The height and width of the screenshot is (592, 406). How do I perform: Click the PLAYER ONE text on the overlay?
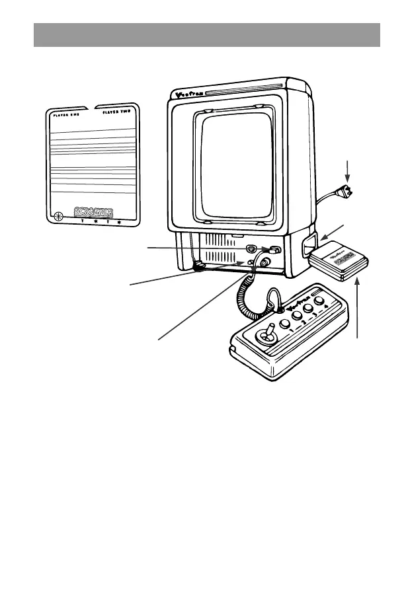click(x=66, y=112)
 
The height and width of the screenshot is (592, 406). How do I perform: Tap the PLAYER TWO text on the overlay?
click(x=116, y=112)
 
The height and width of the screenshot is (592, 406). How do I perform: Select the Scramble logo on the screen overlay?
click(x=96, y=213)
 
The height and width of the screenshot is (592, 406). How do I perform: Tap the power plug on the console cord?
click(x=344, y=192)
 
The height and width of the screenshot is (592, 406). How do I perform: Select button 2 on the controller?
click(x=289, y=315)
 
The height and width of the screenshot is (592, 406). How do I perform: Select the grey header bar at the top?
click(x=207, y=34)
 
